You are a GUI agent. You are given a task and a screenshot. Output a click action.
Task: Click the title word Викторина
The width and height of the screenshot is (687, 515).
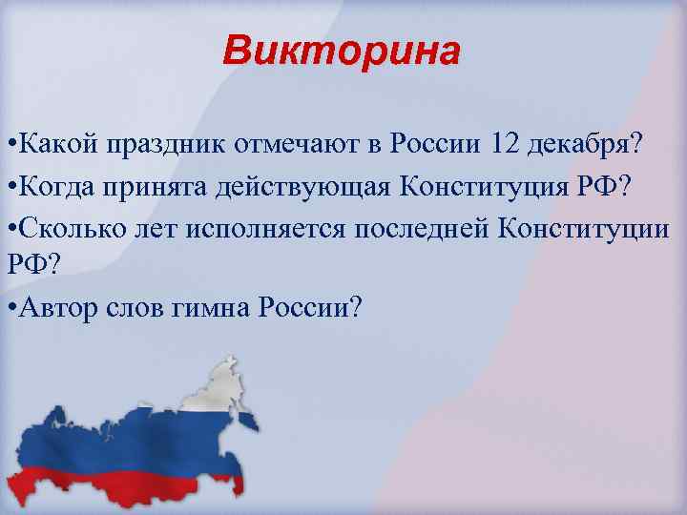tap(342, 51)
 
